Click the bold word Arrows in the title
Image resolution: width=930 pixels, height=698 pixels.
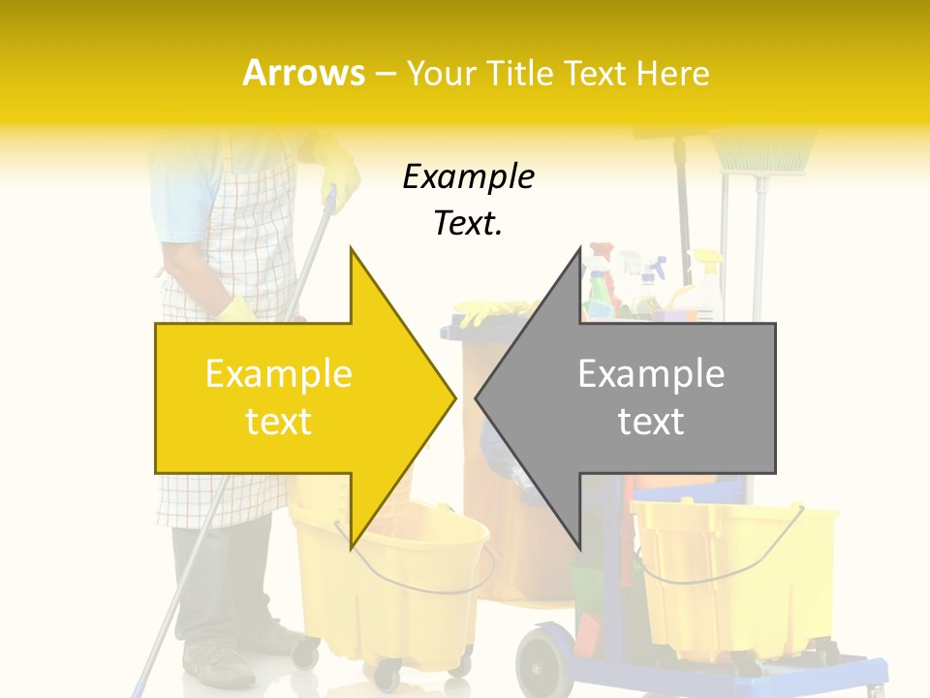[x=303, y=73]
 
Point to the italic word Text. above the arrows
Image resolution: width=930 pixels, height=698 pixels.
[x=468, y=224]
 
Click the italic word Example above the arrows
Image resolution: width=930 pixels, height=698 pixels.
[x=468, y=177]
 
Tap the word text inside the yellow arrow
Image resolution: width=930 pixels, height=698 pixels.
[x=278, y=422]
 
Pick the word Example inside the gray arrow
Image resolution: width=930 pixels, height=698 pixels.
[x=651, y=374]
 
